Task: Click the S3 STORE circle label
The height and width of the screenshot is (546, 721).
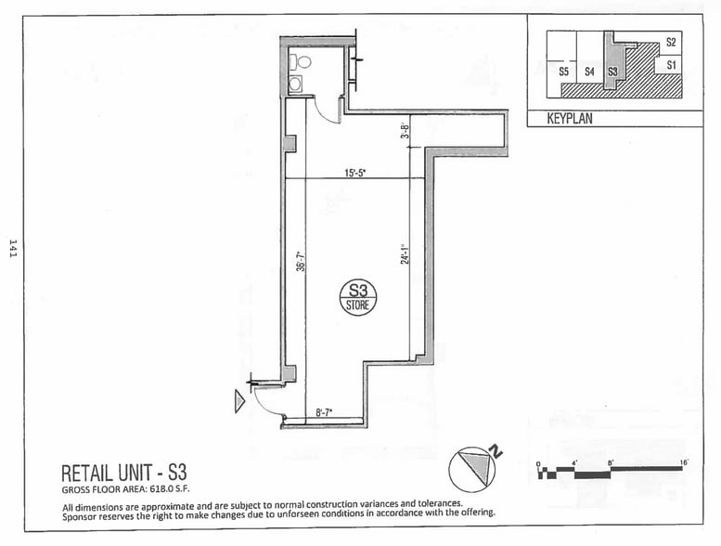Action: [357, 297]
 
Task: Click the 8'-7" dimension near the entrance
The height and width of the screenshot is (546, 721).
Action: [325, 412]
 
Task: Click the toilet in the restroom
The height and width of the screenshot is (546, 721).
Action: [298, 63]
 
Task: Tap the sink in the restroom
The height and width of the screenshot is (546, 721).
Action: [295, 84]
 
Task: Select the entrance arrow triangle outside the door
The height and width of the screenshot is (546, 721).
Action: [239, 401]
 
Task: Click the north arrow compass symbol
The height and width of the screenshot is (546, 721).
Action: [472, 467]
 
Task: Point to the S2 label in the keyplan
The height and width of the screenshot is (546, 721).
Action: [671, 43]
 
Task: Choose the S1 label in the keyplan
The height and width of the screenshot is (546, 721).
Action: [671, 65]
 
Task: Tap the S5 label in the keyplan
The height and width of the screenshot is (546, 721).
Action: [563, 71]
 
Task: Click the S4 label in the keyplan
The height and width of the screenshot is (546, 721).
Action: [589, 71]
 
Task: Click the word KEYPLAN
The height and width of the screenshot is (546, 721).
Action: [569, 120]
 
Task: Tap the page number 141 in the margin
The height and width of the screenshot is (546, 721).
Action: [12, 252]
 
